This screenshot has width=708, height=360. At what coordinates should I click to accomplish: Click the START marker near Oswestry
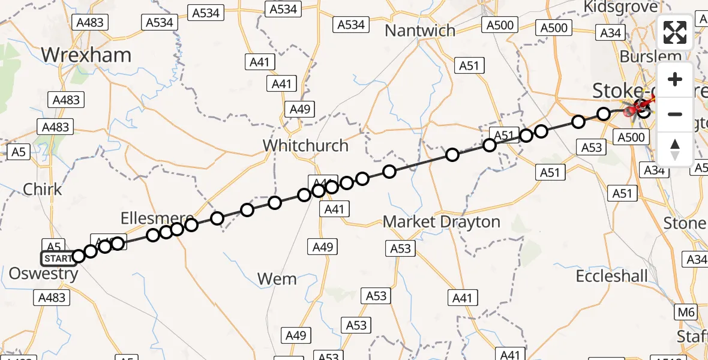click(58, 259)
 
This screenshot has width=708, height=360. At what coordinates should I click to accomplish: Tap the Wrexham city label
click(86, 55)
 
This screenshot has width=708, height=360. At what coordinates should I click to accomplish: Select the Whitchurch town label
click(305, 146)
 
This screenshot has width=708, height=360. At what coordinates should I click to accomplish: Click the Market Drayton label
click(442, 222)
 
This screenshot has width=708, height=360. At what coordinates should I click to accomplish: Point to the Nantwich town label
click(420, 31)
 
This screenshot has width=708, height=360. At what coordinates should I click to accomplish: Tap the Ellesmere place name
click(157, 218)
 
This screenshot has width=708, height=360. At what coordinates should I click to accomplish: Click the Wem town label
click(277, 278)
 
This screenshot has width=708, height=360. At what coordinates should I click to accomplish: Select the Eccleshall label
click(612, 276)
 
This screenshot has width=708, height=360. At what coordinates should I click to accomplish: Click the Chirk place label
click(43, 190)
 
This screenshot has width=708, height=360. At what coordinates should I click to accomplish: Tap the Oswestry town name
click(43, 274)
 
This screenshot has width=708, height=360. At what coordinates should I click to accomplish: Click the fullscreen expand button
click(675, 33)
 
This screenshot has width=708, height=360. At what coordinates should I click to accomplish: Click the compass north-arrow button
click(675, 148)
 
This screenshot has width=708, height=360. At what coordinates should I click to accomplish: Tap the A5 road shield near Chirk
click(19, 152)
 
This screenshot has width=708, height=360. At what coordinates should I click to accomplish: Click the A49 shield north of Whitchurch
click(300, 109)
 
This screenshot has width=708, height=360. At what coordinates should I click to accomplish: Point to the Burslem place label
click(651, 56)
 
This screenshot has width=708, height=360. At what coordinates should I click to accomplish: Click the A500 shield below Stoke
click(631, 137)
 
